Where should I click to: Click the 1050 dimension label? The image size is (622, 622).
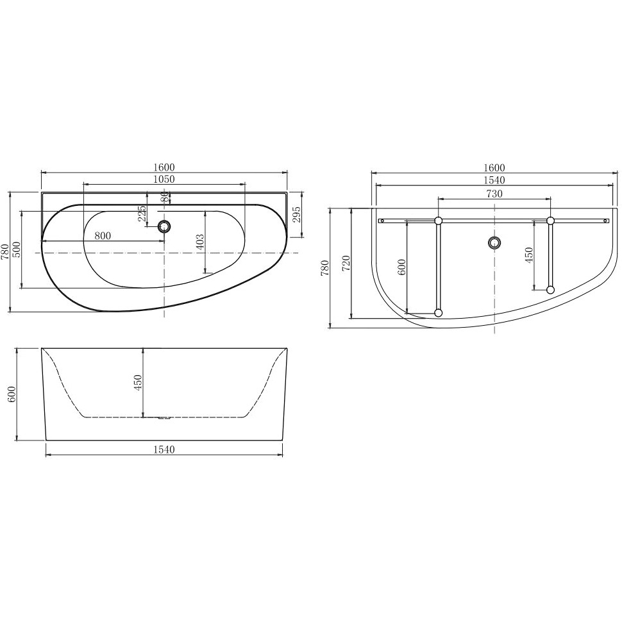(164, 180)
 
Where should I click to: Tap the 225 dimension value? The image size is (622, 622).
(142, 213)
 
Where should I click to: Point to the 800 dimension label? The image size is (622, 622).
(103, 235)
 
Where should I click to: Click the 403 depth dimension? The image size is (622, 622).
(200, 242)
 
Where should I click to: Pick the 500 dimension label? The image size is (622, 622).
(17, 249)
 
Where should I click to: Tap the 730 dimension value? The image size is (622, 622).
(494, 194)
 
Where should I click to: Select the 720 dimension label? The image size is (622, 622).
(345, 264)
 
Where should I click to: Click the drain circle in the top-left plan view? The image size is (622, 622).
(164, 226)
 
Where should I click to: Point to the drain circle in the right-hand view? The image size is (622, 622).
(494, 242)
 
